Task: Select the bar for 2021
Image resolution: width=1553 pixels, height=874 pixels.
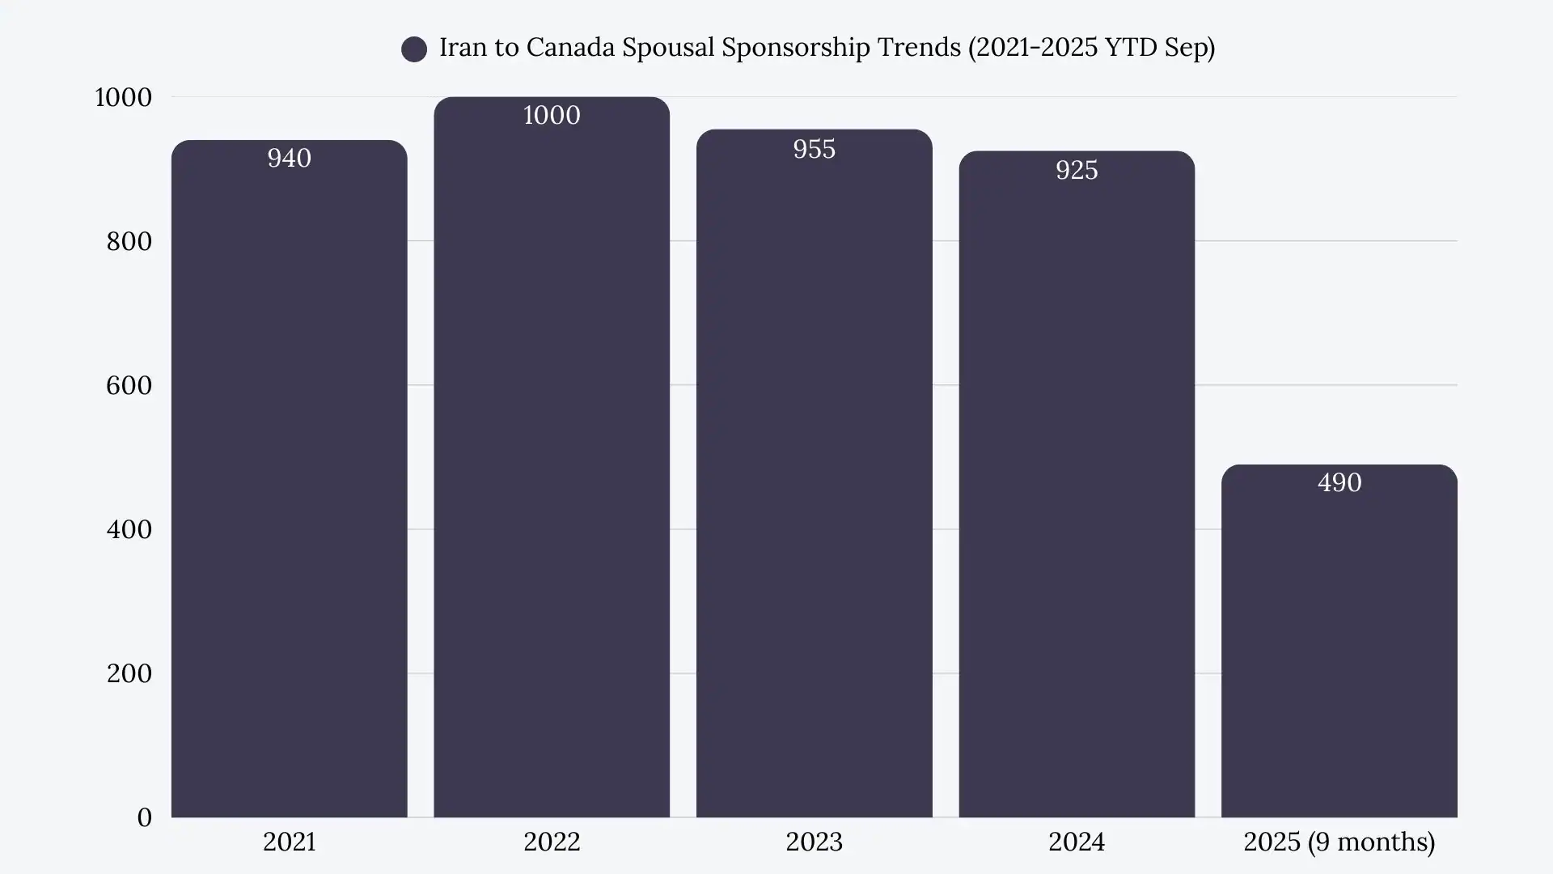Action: (x=289, y=486)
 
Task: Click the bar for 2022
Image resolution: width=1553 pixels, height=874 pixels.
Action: (x=552, y=469)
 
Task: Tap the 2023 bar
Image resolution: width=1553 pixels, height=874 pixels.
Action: (x=814, y=486)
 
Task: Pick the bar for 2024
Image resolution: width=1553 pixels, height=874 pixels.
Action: (x=1077, y=494)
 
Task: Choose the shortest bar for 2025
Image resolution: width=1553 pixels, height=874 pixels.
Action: (x=1339, y=647)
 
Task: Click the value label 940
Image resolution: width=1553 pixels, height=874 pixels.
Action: (x=289, y=158)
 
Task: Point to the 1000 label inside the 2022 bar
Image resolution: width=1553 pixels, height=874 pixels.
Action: (x=552, y=115)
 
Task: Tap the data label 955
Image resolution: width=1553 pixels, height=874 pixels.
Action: (x=814, y=149)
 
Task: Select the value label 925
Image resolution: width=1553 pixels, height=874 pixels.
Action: (x=1077, y=170)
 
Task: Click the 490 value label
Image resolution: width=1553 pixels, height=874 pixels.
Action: (x=1339, y=482)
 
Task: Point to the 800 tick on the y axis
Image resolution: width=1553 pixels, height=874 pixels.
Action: (x=129, y=241)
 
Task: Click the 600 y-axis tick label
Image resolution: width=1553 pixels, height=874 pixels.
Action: (x=129, y=385)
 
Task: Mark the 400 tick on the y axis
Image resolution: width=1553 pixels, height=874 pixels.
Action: (x=129, y=529)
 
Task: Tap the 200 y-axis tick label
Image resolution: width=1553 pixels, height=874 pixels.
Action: (x=129, y=673)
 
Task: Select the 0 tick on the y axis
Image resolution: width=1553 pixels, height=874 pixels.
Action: (x=144, y=817)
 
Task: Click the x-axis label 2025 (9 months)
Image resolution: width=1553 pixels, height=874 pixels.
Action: (x=1339, y=842)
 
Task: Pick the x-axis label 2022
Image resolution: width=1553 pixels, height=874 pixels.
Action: (x=552, y=842)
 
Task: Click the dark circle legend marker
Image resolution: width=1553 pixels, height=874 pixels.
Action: (x=414, y=49)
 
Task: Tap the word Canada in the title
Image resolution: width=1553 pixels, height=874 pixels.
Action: (x=570, y=48)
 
